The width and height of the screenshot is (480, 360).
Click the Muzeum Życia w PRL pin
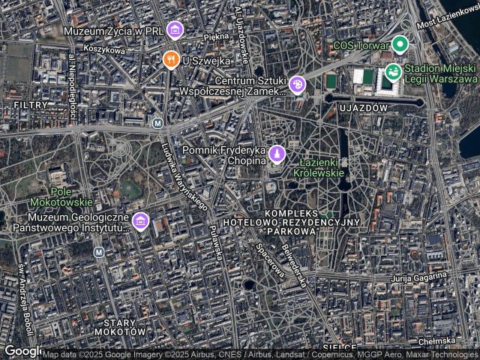coord(175,31)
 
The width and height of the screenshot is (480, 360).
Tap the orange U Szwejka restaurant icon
coord(171,58)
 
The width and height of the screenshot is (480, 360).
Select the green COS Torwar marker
coord(400,45)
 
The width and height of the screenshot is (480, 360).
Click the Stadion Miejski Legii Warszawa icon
coord(391,73)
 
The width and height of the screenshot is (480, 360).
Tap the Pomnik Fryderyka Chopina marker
coord(277,154)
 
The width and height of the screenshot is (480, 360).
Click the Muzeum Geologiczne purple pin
coord(140,221)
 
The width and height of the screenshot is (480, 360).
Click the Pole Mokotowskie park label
coord(62,197)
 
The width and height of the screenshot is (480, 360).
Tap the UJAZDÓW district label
coord(362,108)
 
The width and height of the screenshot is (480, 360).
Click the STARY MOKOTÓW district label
coord(120,325)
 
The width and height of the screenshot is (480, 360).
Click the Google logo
coord(22,351)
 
